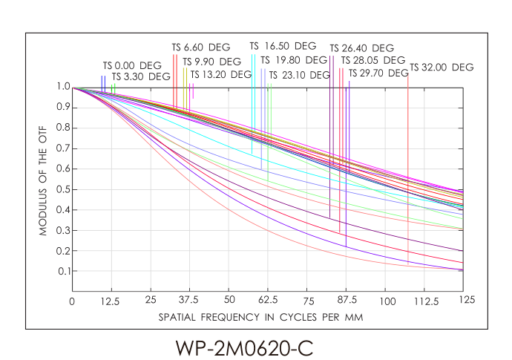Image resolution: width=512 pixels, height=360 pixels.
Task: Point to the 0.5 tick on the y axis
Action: point(61,189)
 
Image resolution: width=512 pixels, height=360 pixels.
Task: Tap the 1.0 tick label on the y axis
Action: point(61,87)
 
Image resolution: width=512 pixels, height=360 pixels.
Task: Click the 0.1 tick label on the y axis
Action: point(61,271)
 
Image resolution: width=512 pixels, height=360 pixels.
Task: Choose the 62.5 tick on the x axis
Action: point(269,301)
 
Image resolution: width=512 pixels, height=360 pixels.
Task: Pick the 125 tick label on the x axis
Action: point(466,301)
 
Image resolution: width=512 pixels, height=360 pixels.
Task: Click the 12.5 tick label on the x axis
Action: point(111,301)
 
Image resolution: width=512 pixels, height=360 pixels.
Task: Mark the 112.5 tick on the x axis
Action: point(426,301)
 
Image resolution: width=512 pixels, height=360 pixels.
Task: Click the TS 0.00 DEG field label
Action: point(131,65)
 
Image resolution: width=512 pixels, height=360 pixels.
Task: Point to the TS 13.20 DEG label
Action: point(221,74)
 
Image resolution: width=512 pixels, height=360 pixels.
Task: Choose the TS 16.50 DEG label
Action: point(283,46)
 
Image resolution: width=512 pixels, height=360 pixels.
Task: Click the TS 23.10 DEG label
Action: point(299,75)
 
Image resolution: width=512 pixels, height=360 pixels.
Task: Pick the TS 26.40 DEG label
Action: point(361,48)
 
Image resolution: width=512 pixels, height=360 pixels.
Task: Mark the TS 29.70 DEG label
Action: point(378,73)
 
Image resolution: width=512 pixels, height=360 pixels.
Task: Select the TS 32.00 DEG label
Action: point(442,68)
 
